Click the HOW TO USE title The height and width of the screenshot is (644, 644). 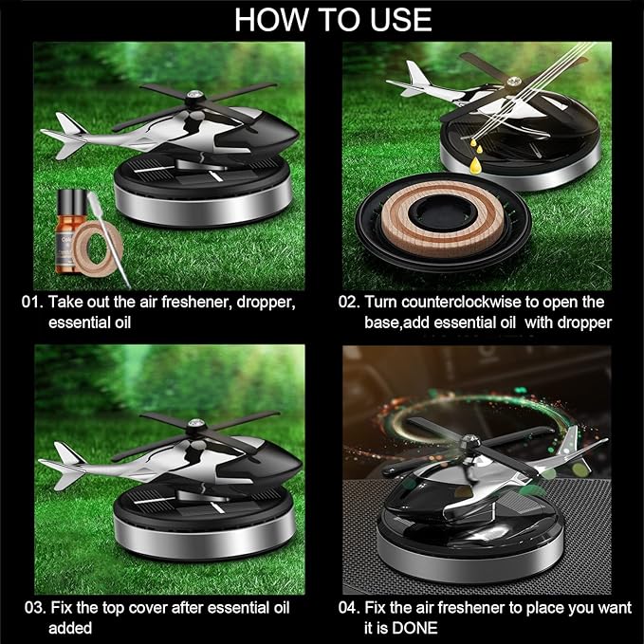(332, 18)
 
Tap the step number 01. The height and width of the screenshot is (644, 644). (32, 303)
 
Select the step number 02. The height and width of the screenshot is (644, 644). (349, 303)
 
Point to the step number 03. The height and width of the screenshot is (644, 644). (32, 608)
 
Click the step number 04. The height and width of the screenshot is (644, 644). (349, 608)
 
